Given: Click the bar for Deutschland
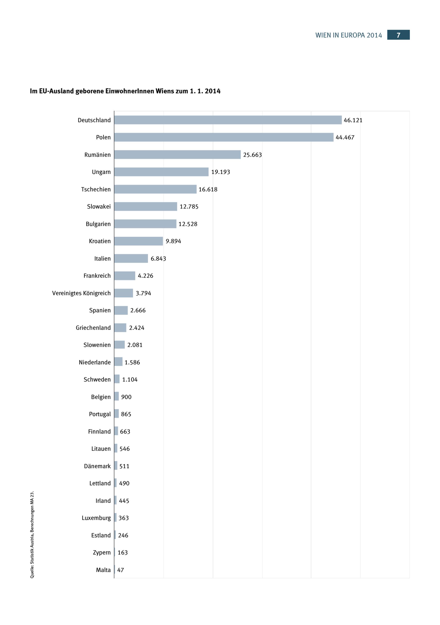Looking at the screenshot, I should coord(228,120).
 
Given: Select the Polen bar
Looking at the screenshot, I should coord(224,137).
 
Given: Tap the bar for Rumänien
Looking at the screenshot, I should coord(177,155).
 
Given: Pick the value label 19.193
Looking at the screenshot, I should coord(220,172).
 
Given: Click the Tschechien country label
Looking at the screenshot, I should coord(96,189).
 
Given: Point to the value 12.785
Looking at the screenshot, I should coord(189,207).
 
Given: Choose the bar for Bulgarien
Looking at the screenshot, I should coord(145,224).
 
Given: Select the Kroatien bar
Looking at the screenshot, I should coord(138,241).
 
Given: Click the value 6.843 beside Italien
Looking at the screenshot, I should coord(158,259).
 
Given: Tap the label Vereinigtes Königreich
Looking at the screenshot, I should coord(81,293).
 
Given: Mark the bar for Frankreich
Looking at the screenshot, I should coord(125,276).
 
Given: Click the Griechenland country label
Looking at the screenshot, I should coord(93,328).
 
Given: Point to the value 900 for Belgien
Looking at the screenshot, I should coord(126,397).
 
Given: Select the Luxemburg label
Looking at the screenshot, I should coord(96,518).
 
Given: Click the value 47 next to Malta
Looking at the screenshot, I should coord(121,570).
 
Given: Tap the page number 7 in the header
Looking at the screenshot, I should coord(398,35).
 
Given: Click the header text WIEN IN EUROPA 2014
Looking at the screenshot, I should coord(348,35).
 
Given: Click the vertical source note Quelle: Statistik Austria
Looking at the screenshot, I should coord(32,535).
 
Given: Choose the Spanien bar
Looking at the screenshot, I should coord(121,310).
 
